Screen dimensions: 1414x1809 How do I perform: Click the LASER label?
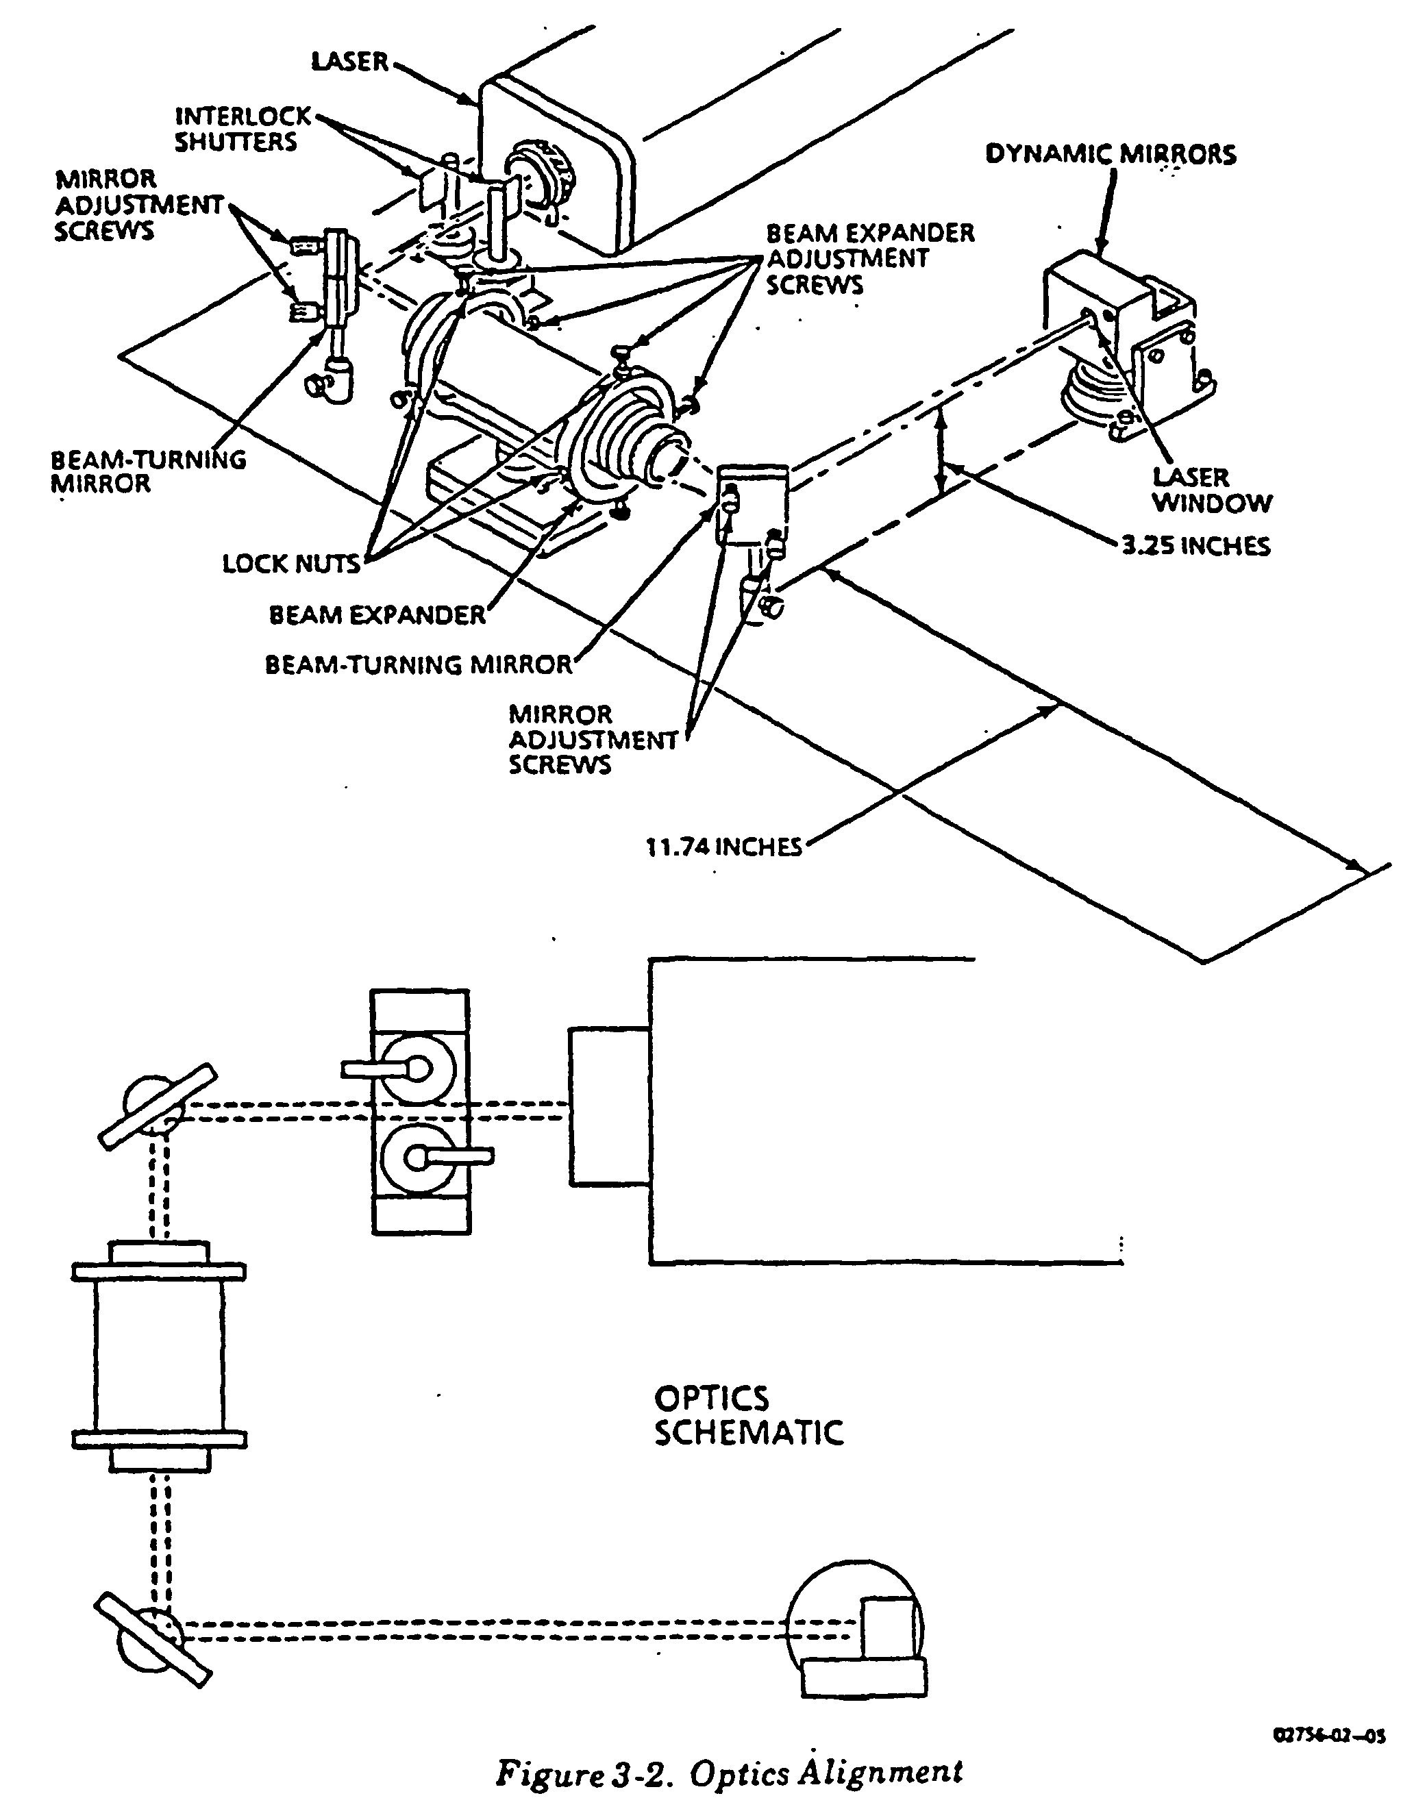click(x=349, y=61)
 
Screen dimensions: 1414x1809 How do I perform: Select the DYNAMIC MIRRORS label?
click(x=1110, y=154)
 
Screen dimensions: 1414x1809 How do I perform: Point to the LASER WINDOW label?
click(x=1212, y=490)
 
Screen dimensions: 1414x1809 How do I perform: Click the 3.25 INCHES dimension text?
click(x=1195, y=546)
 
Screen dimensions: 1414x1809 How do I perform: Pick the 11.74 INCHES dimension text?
click(x=724, y=847)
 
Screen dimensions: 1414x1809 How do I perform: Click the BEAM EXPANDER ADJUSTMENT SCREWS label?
click(x=870, y=258)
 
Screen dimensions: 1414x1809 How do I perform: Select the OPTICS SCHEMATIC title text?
click(x=748, y=1416)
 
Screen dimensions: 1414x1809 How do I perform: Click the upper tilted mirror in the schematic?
click(x=158, y=1107)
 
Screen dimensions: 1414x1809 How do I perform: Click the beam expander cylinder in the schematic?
click(x=159, y=1358)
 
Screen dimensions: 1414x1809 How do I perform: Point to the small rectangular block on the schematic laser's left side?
click(x=609, y=1107)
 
